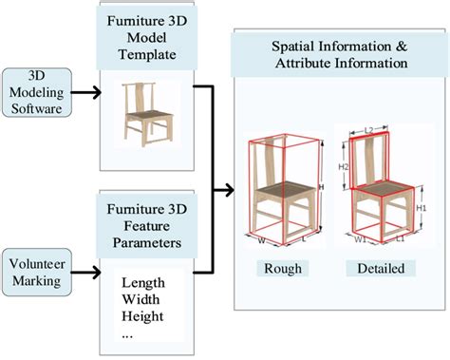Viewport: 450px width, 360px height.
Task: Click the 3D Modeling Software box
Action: tap(34, 92)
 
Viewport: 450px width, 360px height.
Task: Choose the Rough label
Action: tap(284, 269)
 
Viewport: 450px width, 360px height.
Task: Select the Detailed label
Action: tap(381, 269)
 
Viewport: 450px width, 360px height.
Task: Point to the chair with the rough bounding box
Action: tap(282, 190)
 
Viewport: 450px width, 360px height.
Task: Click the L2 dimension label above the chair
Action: tap(371, 126)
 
